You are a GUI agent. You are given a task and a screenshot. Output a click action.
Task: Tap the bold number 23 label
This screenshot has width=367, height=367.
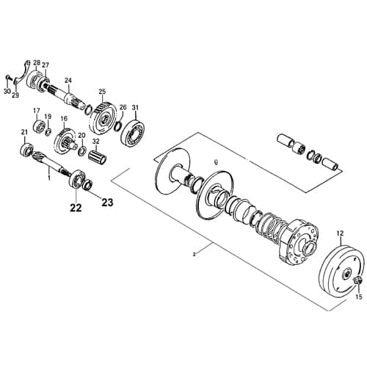point(107,201)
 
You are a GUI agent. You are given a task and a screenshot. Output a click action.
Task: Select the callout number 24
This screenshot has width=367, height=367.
point(68,80)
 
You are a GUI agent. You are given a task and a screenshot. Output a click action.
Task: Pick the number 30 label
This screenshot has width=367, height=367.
point(7,92)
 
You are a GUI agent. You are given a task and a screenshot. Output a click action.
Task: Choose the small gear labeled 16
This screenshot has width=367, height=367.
point(66,139)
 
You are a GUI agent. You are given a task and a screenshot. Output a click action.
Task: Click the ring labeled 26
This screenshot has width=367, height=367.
point(117,128)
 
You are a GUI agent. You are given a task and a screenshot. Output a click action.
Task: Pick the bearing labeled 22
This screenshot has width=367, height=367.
point(75,181)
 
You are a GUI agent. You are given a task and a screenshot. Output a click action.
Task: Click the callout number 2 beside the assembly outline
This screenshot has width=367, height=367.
point(194,254)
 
